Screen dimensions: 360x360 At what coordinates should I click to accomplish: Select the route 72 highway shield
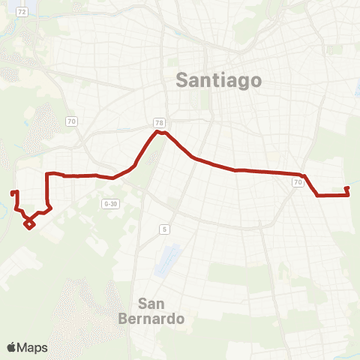[22, 12]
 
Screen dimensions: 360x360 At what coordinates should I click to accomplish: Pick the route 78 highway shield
[158, 122]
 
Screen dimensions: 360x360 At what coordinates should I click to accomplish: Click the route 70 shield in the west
[71, 121]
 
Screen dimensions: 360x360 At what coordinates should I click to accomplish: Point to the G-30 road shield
[111, 203]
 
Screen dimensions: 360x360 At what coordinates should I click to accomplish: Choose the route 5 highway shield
[163, 229]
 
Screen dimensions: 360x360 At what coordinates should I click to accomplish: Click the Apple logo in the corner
[13, 346]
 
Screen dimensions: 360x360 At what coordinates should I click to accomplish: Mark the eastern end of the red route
[346, 188]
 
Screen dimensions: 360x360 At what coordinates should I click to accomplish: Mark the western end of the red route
[13, 193]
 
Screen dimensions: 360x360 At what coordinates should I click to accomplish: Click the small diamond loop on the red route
[29, 223]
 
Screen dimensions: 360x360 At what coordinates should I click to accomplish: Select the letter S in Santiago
[181, 79]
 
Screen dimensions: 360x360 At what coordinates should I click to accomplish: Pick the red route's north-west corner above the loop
[48, 175]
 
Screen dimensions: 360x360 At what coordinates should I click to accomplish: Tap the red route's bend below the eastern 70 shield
[318, 196]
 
